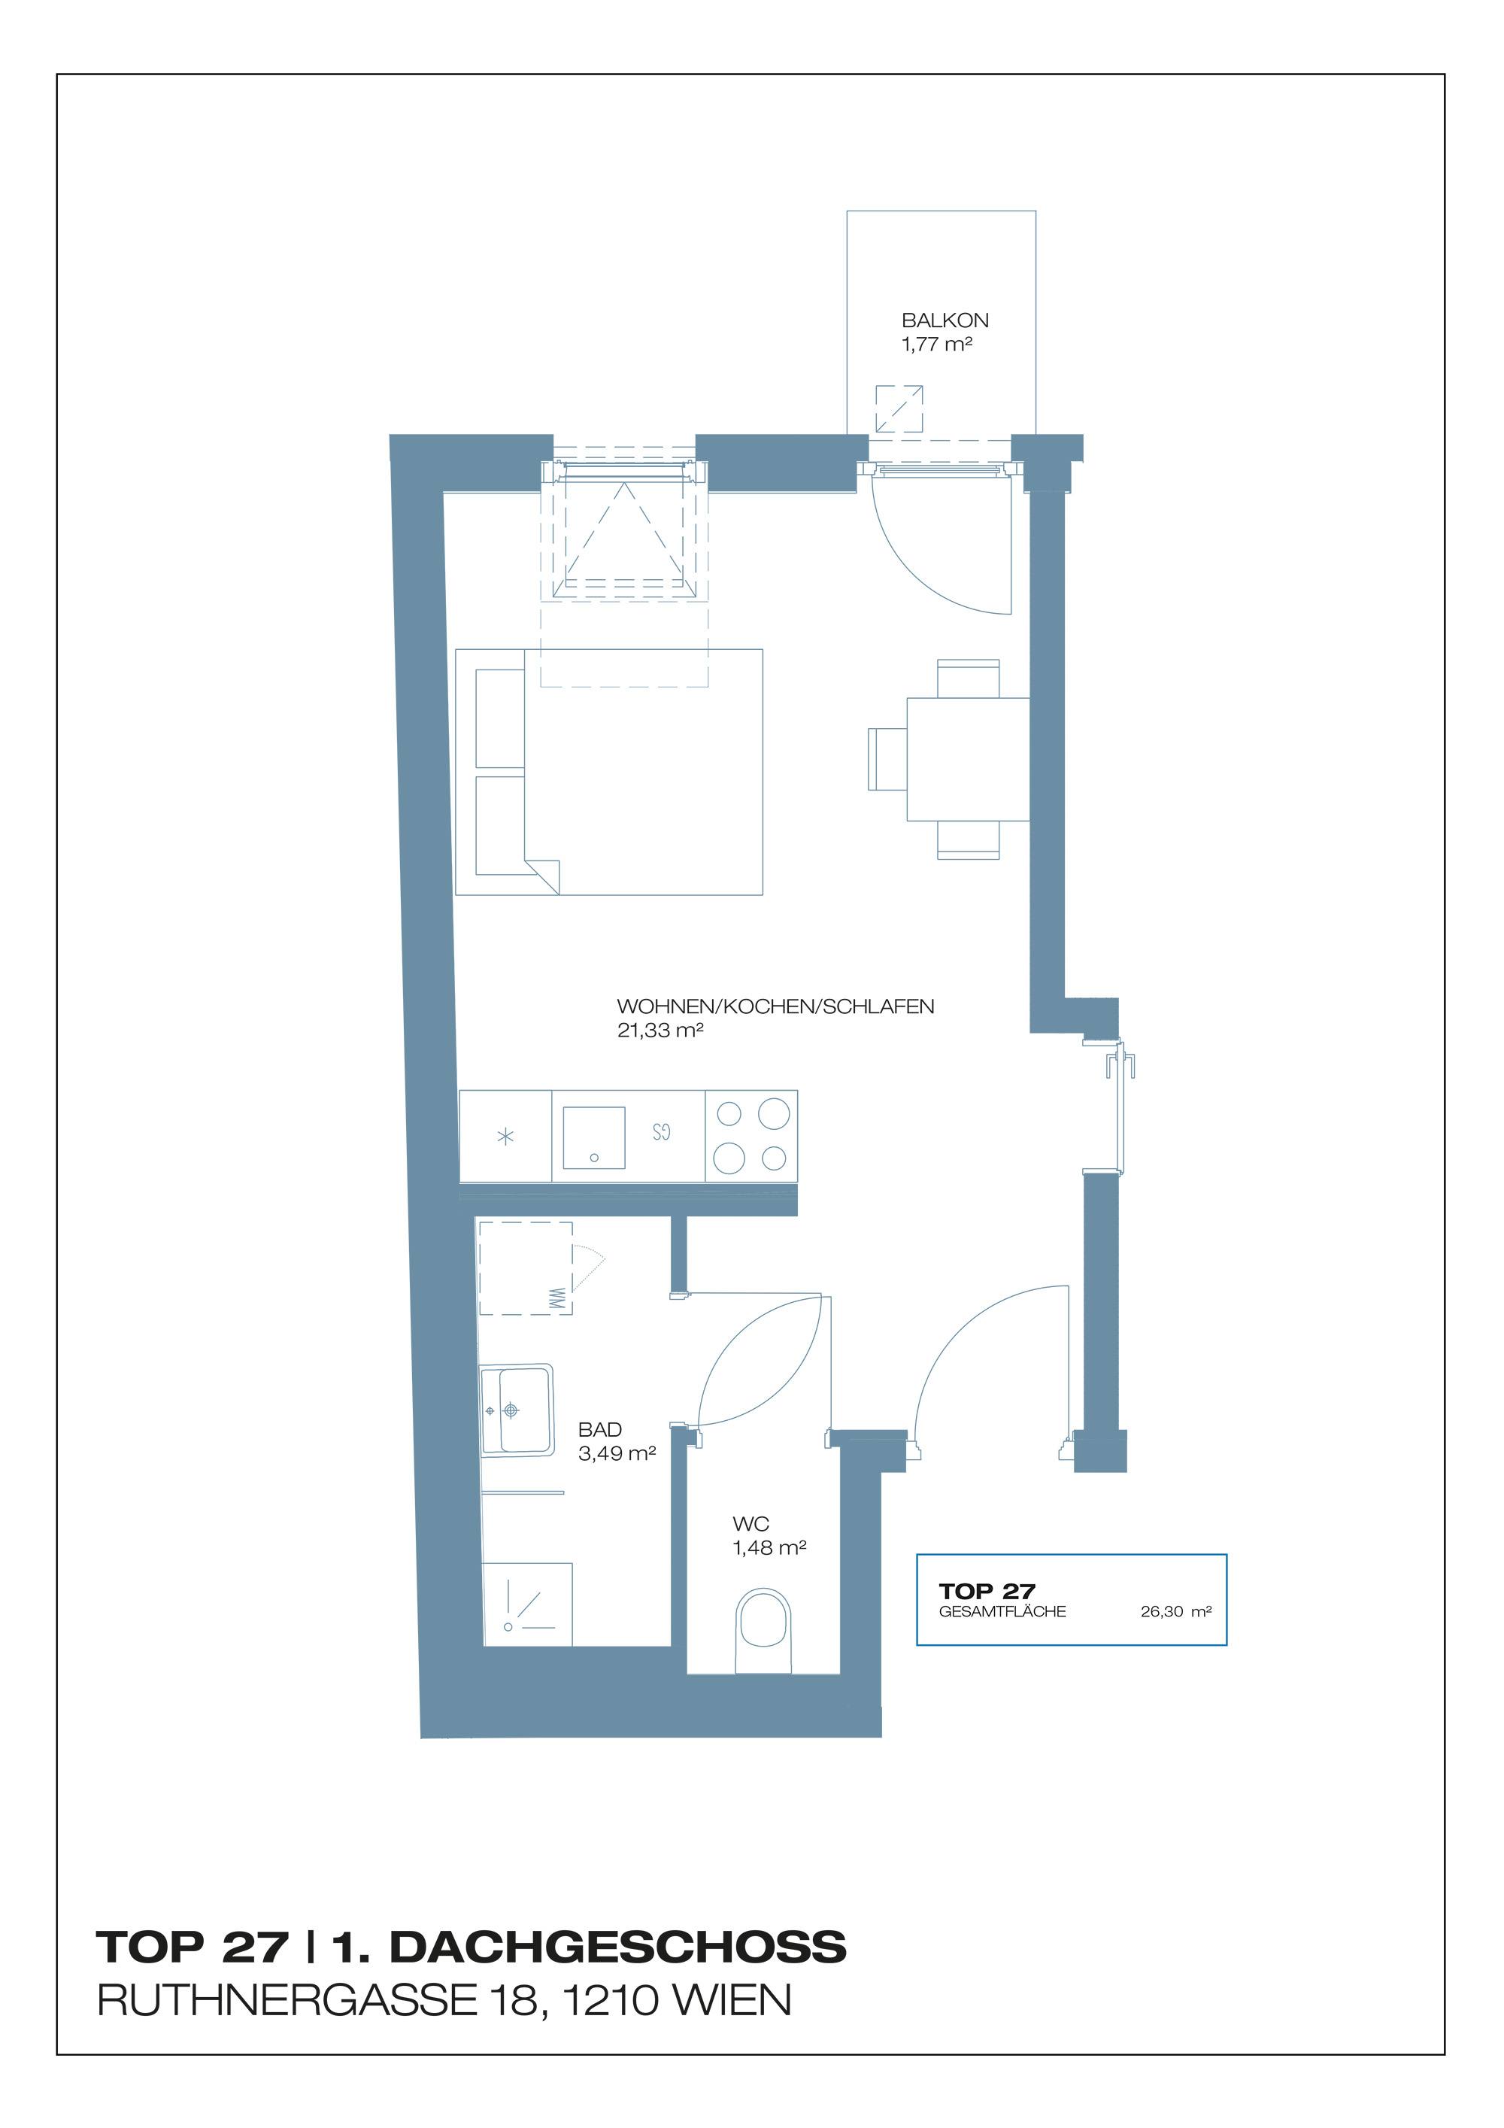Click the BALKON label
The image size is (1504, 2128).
(945, 320)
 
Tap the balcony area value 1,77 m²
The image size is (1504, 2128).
(936, 344)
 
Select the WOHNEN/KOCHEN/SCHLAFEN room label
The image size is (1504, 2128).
(775, 1006)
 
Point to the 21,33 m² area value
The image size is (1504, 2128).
(660, 1030)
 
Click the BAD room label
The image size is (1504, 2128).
(599, 1430)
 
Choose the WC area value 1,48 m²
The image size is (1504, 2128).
(769, 1548)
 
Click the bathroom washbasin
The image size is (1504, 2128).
(516, 1410)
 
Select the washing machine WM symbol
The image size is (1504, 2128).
(556, 1298)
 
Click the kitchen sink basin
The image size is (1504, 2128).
(594, 1137)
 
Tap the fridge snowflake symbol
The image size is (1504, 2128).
(505, 1137)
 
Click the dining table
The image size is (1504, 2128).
(968, 759)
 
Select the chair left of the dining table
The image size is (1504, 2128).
(887, 759)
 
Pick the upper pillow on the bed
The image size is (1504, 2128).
(499, 718)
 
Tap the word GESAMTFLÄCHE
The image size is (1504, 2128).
(1002, 1612)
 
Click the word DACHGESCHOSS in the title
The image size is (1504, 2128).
(617, 1947)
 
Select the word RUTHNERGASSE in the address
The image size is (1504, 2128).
(287, 2001)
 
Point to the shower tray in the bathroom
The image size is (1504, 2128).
(526, 1604)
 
